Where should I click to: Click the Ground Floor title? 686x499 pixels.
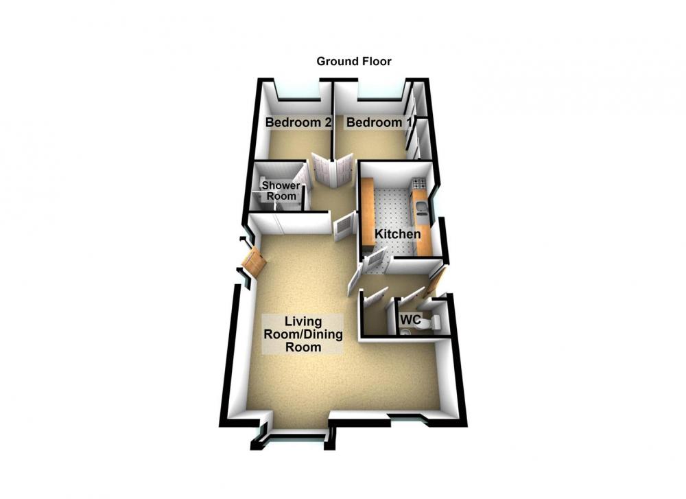click(353, 61)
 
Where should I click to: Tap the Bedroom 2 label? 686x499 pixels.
click(298, 122)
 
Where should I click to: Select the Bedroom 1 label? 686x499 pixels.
click(379, 122)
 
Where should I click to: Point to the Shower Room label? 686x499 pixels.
click(281, 190)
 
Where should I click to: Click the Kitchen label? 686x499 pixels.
click(398, 234)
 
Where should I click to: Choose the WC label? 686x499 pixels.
click(410, 320)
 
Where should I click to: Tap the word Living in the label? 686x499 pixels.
click(303, 322)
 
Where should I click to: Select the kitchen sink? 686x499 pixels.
click(421, 209)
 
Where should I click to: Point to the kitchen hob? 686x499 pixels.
click(417, 183)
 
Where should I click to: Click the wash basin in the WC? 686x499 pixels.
click(405, 333)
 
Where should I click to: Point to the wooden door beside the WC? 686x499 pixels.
click(436, 279)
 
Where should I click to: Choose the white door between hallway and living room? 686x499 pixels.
click(344, 227)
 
